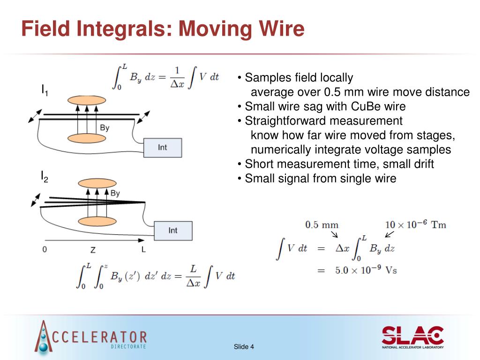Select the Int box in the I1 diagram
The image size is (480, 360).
click(x=162, y=148)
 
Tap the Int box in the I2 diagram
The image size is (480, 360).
click(x=173, y=230)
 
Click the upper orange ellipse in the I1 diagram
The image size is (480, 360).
click(x=87, y=100)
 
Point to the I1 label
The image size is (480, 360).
click(x=45, y=90)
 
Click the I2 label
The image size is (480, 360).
click(x=45, y=177)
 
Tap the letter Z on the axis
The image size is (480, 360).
click(x=93, y=250)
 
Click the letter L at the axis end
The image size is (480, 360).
click(x=143, y=250)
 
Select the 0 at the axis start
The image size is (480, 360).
click(x=45, y=250)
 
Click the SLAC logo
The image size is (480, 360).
click(x=412, y=336)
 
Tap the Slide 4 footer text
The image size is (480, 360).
click(x=244, y=347)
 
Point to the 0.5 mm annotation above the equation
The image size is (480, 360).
click(x=322, y=225)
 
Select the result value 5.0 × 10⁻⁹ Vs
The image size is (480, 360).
click(x=363, y=270)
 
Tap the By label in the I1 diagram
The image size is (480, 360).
click(x=105, y=127)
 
